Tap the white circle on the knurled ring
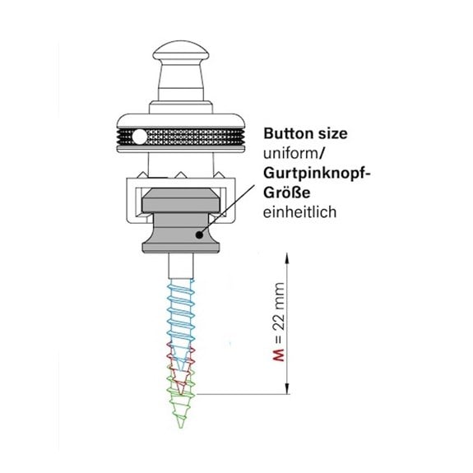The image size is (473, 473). coord(139,137)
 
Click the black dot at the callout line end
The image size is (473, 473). coord(199,234)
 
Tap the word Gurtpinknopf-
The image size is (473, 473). coord(317,174)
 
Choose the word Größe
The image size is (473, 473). coord(286,192)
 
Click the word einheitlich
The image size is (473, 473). coord(300,211)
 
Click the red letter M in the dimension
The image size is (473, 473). coord(279,355)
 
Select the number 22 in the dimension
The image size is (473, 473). coord(279,322)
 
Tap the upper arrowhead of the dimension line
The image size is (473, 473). coord(286,259)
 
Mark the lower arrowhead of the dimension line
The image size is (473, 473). coord(286,388)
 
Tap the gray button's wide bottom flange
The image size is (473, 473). coord(181,245)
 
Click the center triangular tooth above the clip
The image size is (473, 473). coord(180,175)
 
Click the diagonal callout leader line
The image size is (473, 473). coord(228,209)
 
